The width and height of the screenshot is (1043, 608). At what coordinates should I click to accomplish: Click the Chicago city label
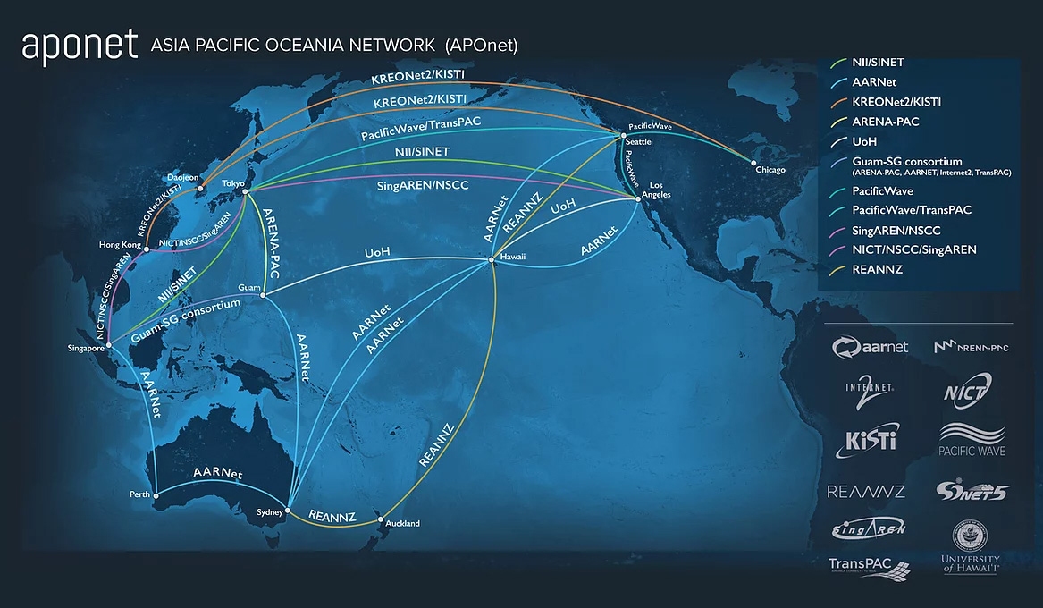770,170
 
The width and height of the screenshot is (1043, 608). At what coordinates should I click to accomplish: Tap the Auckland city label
402,524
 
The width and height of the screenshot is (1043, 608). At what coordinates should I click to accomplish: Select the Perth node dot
156,494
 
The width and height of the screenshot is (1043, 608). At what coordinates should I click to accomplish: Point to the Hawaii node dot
491,260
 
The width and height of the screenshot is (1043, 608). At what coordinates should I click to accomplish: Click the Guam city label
248,287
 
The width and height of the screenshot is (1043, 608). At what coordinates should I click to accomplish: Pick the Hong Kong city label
119,244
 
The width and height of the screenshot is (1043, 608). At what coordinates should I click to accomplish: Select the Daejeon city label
183,177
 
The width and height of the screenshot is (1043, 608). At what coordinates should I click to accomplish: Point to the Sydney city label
269,512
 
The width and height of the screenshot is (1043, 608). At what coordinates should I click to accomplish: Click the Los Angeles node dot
637,199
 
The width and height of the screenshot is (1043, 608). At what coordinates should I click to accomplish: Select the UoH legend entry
865,141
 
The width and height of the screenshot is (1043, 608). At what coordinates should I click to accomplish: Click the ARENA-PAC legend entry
885,122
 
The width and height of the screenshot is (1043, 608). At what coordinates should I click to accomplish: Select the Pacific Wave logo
972,440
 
